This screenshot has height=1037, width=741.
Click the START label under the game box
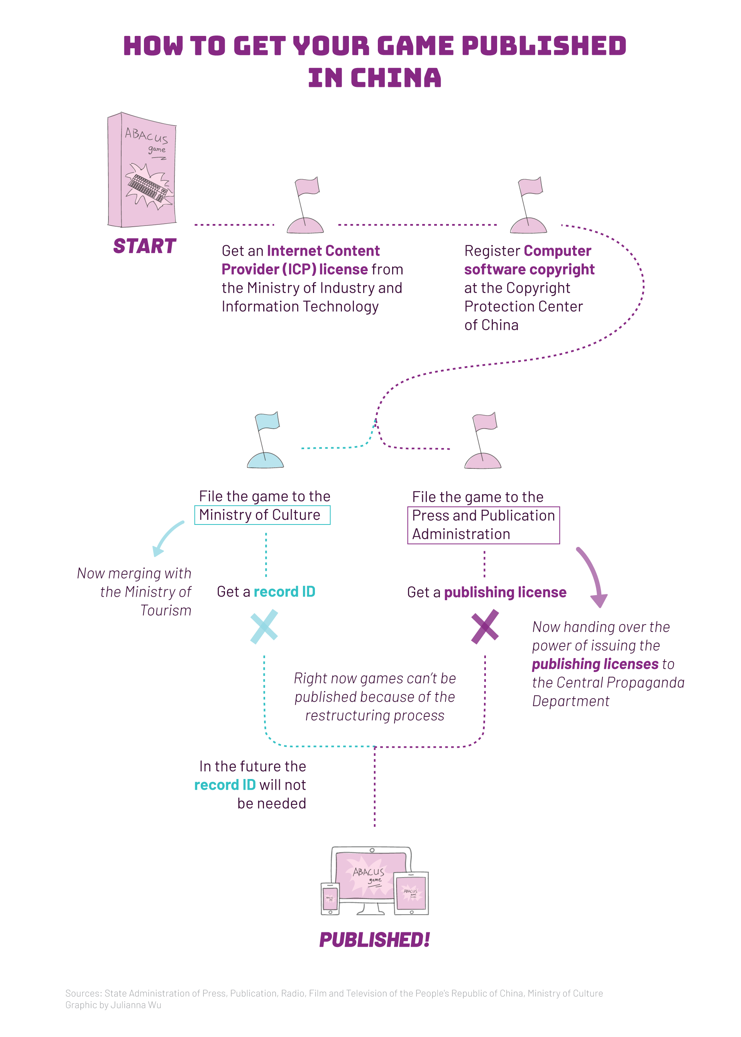click(x=145, y=246)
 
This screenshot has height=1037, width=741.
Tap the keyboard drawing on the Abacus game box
click(x=147, y=187)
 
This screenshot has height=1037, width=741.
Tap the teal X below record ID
click(x=264, y=626)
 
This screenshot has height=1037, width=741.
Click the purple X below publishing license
click(x=485, y=626)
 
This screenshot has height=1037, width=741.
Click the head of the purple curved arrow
click(x=599, y=601)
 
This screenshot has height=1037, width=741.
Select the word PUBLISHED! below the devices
click(x=374, y=939)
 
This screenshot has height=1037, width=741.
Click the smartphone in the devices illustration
click(x=330, y=898)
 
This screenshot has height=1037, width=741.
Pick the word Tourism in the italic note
click(x=166, y=611)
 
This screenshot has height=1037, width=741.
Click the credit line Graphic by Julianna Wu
click(x=113, y=1005)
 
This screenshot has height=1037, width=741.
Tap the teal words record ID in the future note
click(x=225, y=784)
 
